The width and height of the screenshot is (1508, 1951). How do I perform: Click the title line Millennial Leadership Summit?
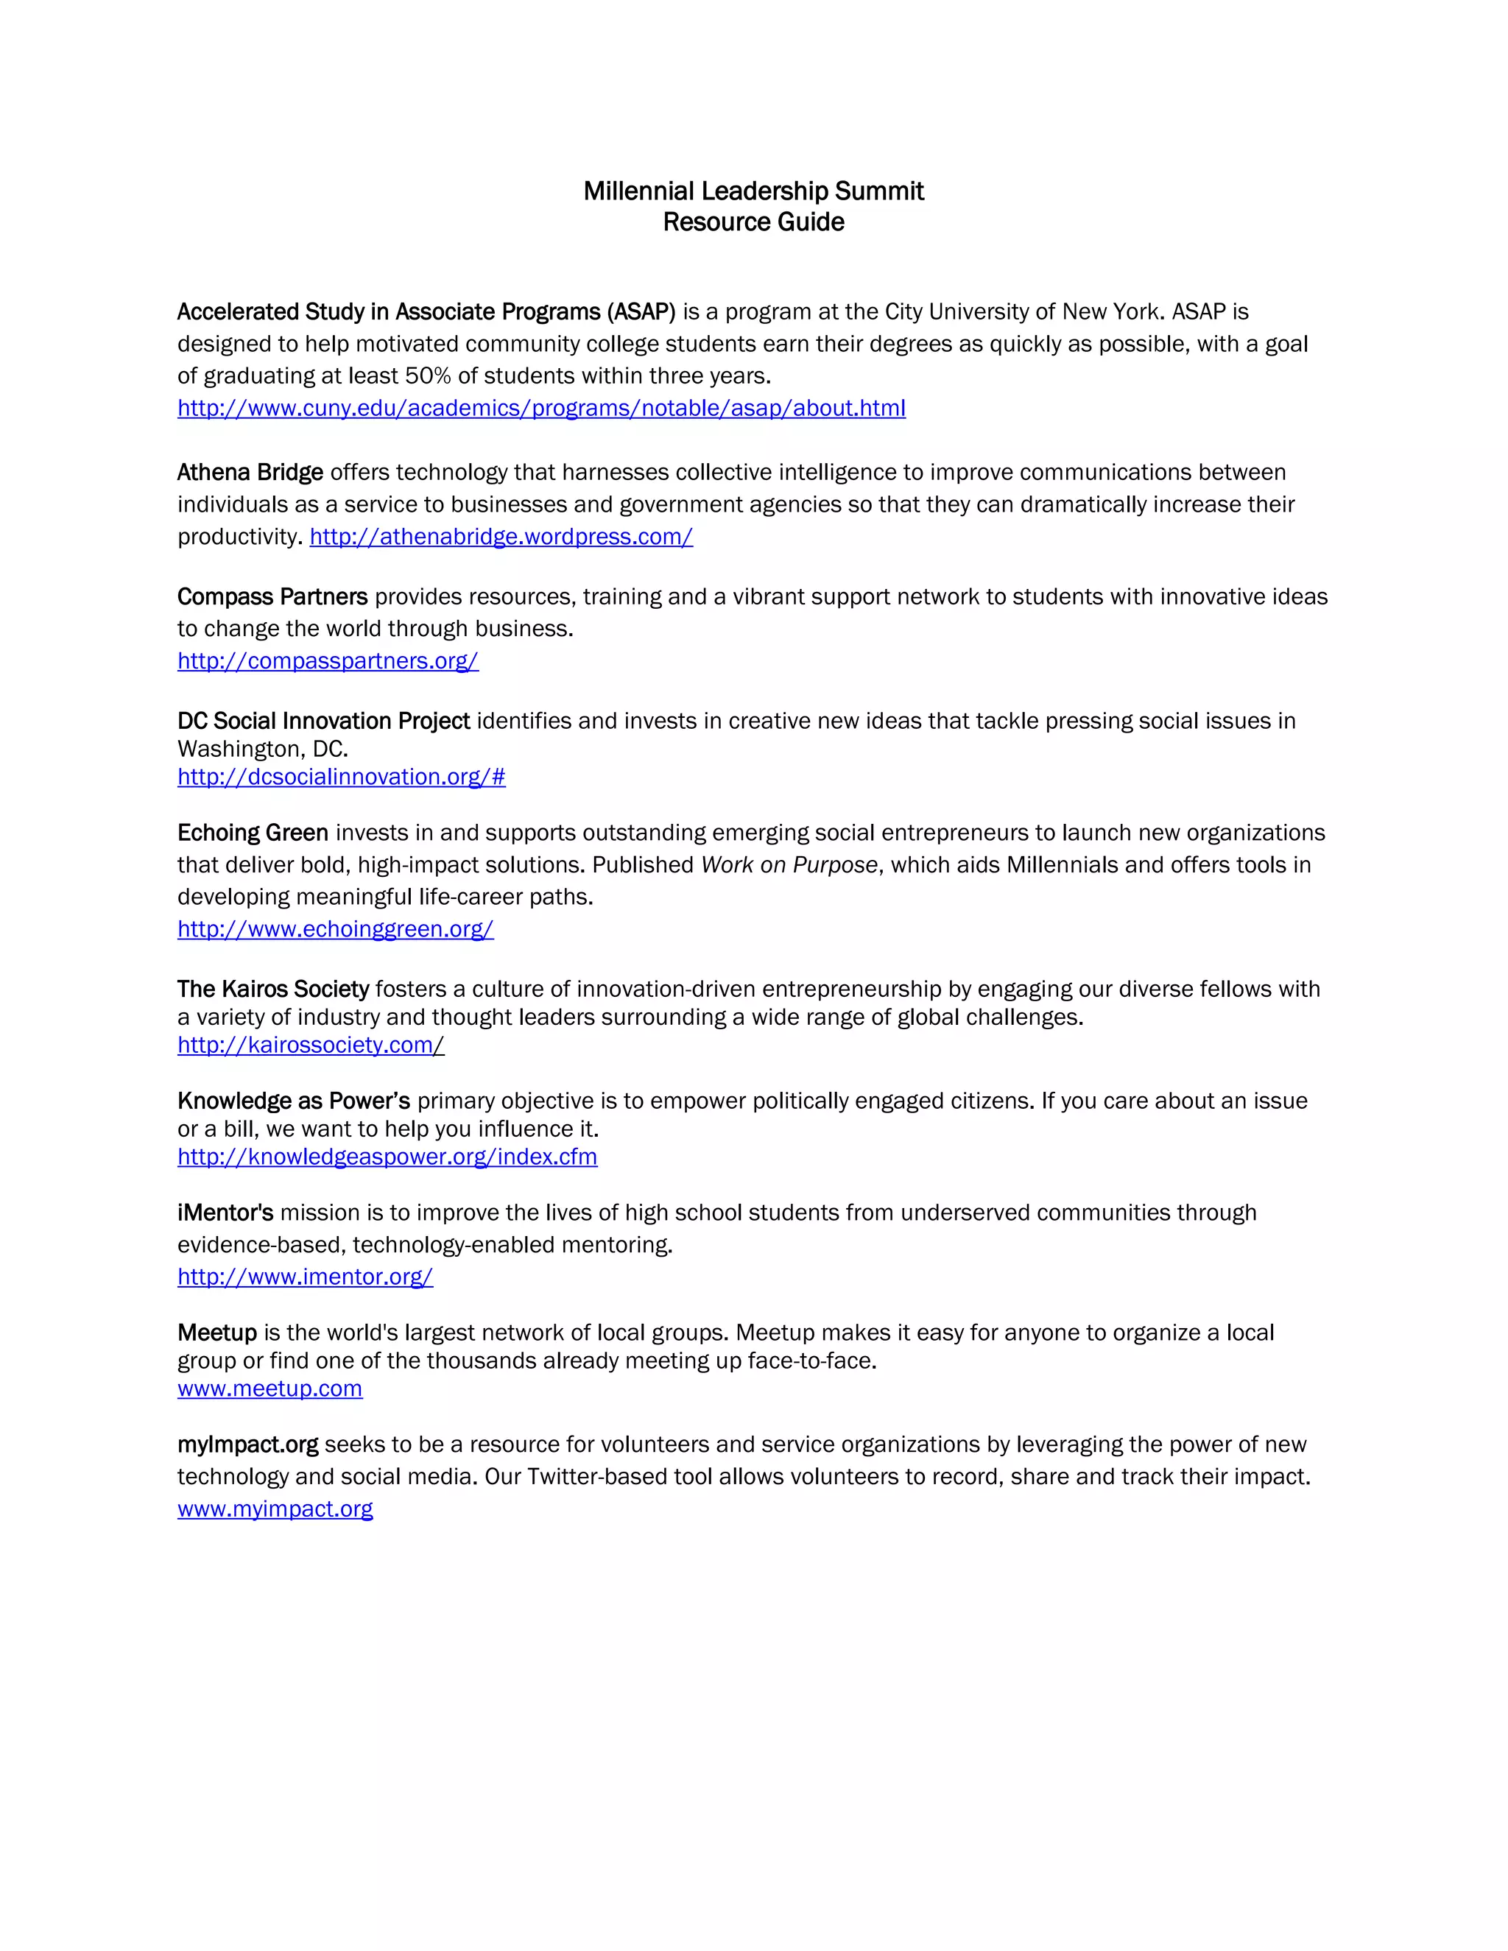(x=753, y=191)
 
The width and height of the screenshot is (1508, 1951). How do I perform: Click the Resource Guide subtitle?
(x=753, y=222)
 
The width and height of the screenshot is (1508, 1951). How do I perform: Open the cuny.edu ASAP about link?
(x=541, y=409)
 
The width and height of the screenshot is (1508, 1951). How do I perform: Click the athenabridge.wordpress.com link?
(x=501, y=537)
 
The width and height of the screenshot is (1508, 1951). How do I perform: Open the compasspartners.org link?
(x=328, y=661)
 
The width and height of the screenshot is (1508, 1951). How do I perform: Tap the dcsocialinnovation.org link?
(x=341, y=777)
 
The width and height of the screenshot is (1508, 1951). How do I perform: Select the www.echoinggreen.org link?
(x=335, y=929)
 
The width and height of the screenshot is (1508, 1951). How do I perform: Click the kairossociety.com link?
(x=310, y=1045)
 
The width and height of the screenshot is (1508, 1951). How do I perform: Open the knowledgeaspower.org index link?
(x=387, y=1157)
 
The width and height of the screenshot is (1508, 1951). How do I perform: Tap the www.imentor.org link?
(x=305, y=1277)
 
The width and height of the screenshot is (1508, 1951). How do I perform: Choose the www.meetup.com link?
(x=269, y=1389)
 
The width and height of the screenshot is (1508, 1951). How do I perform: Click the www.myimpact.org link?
(x=275, y=1509)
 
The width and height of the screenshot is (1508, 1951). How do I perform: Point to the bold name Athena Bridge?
(x=250, y=473)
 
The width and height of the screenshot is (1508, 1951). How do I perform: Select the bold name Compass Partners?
(x=272, y=597)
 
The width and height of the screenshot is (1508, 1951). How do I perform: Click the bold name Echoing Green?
(x=253, y=833)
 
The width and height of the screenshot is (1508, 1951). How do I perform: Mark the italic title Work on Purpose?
(x=789, y=865)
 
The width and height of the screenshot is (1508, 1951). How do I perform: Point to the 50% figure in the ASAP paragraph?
(x=428, y=376)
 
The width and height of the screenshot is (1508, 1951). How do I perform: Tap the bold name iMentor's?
(x=225, y=1213)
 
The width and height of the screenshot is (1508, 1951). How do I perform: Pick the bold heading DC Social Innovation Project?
(x=323, y=721)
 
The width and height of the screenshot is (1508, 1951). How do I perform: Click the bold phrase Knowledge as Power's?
(x=293, y=1101)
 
